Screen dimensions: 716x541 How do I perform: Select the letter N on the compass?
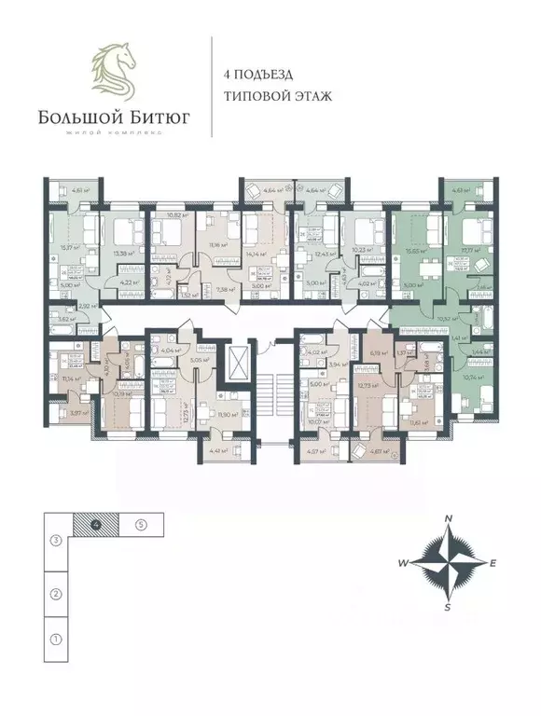[448, 519]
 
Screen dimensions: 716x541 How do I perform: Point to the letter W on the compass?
[403, 563]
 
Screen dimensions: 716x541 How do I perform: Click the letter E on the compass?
[493, 563]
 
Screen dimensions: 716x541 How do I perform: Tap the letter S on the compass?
[448, 607]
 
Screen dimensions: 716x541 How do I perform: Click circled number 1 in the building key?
[56, 639]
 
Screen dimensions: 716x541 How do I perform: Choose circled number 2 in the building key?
[56, 593]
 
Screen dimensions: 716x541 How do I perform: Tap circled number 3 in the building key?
[56, 539]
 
